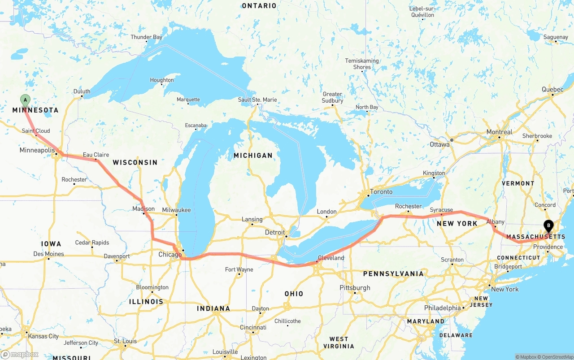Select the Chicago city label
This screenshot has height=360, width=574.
click(x=170, y=255)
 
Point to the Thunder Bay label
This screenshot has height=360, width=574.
click(x=146, y=37)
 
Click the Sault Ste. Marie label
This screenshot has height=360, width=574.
click(x=257, y=100)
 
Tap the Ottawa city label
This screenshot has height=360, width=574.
click(x=439, y=144)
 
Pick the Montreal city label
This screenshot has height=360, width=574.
click(x=500, y=132)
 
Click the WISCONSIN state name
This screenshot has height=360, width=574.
click(x=135, y=162)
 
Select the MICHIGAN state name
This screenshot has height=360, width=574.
click(x=253, y=155)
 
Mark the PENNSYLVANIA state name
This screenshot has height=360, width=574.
click(x=393, y=273)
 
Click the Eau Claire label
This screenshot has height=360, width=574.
click(x=96, y=155)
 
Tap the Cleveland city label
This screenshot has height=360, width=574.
click(x=331, y=258)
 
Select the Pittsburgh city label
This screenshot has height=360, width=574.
click(x=355, y=287)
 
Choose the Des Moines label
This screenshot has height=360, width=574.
click(x=48, y=254)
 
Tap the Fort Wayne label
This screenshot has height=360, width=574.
click(x=239, y=269)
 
